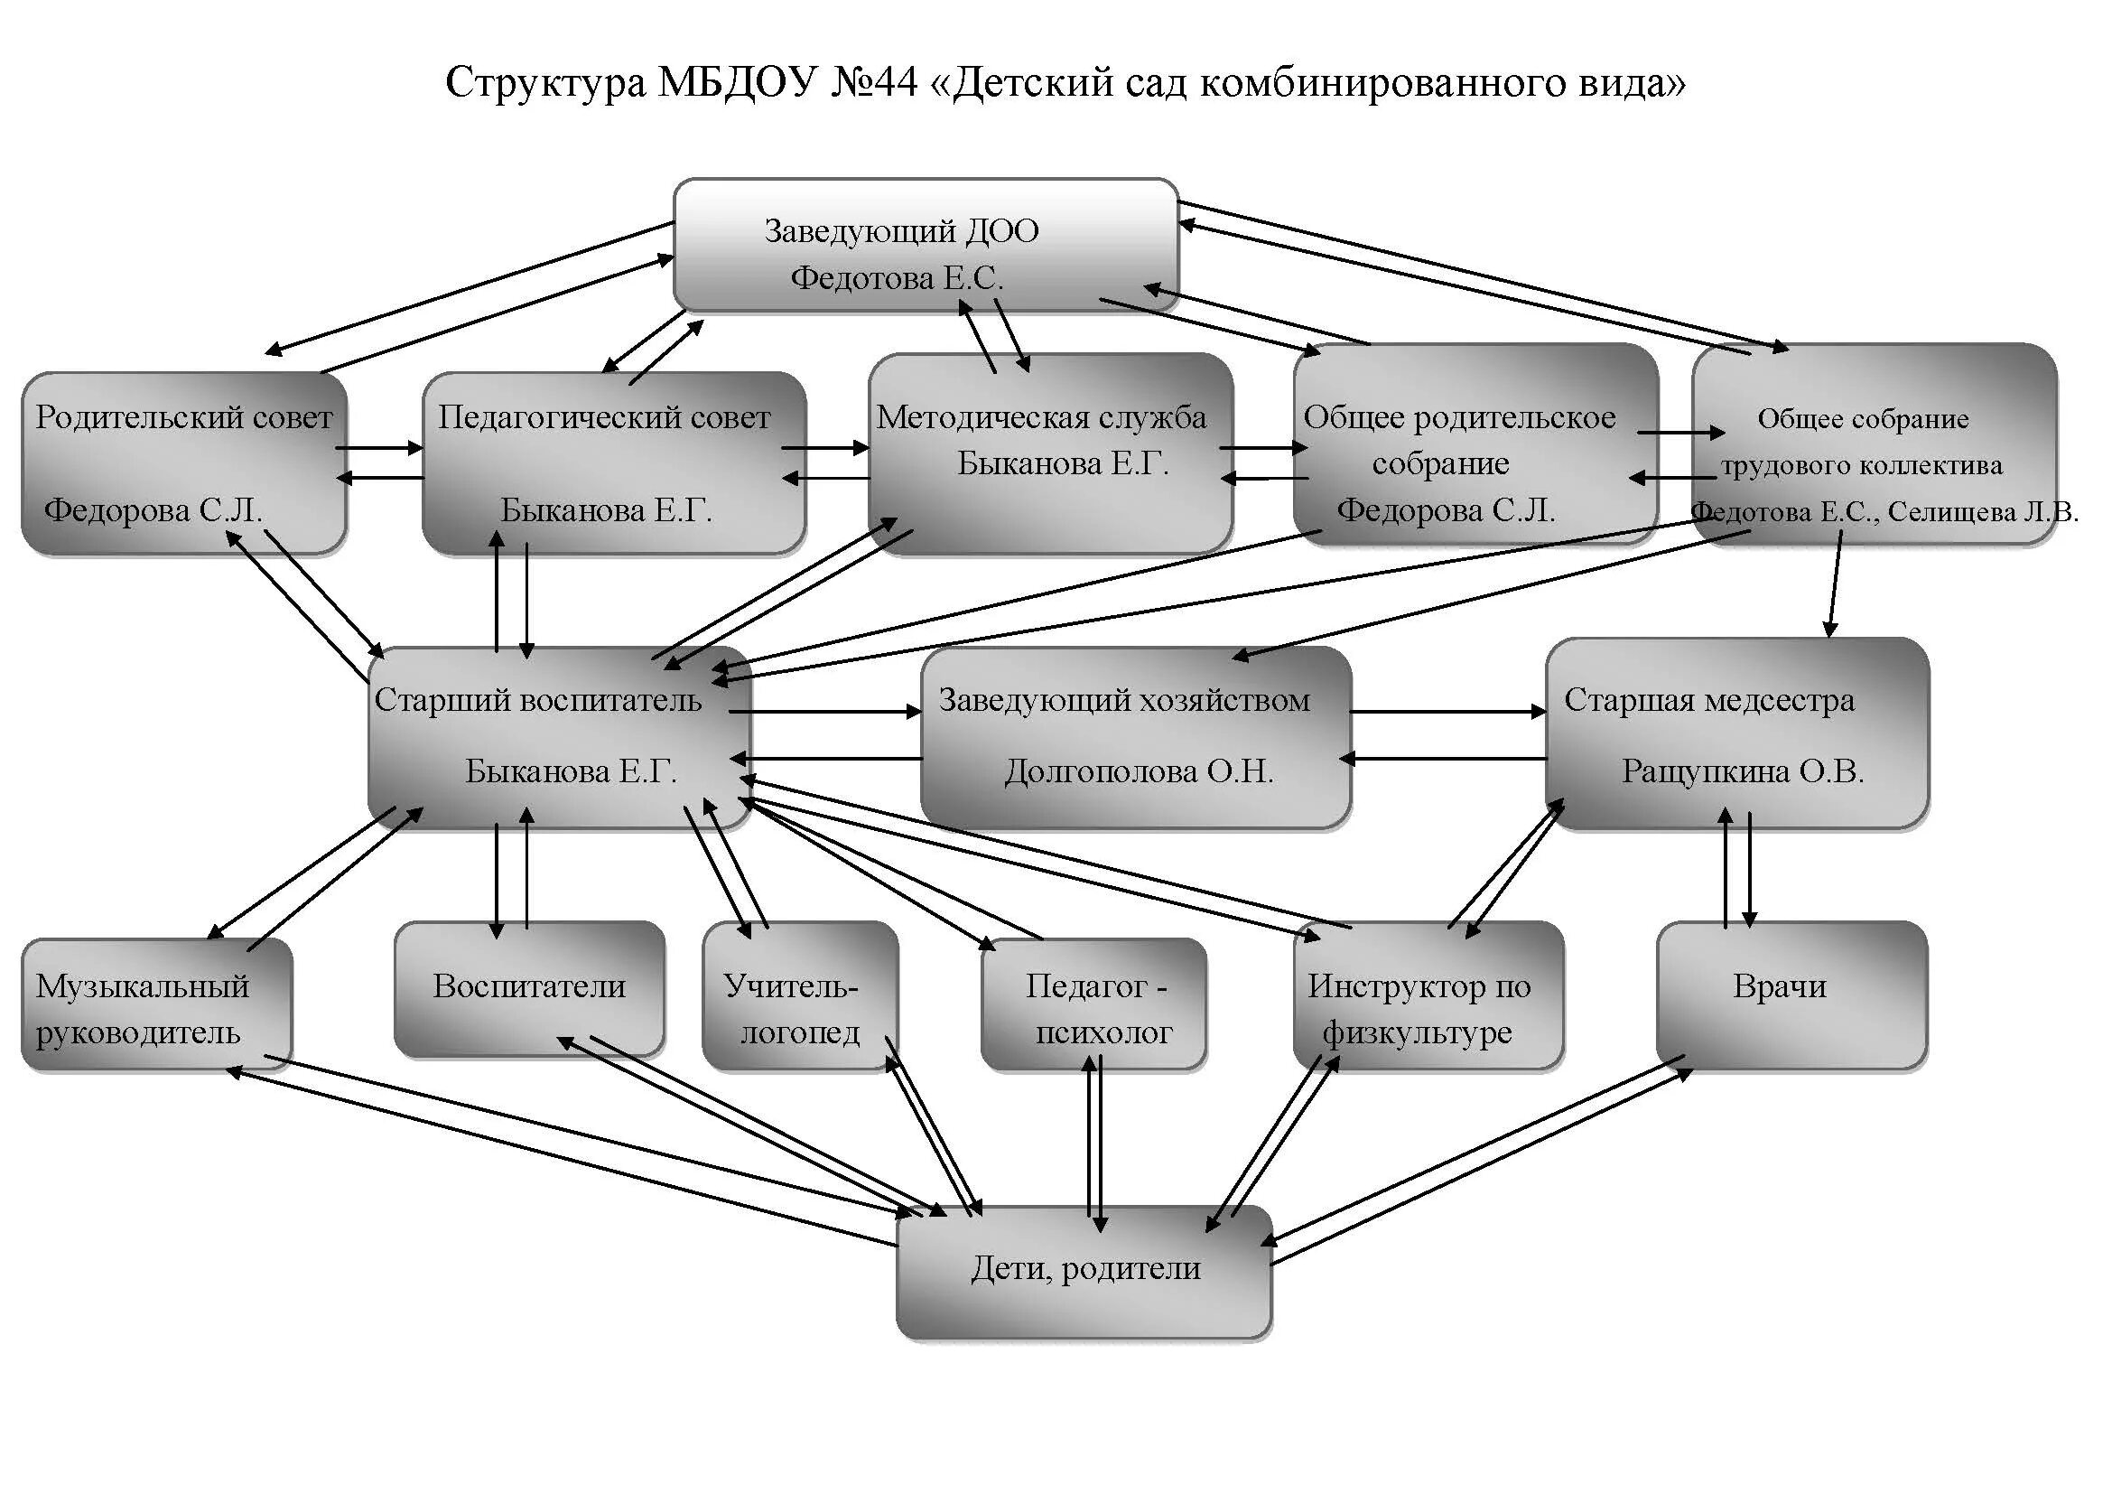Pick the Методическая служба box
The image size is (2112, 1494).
tap(1050, 453)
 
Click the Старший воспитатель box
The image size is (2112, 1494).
tap(559, 737)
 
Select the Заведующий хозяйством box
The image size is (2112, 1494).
tap(1135, 737)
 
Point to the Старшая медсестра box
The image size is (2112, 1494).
tap(1736, 733)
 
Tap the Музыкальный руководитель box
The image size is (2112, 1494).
tap(156, 1005)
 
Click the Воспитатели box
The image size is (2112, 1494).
tap(529, 988)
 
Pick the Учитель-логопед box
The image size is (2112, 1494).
tap(799, 996)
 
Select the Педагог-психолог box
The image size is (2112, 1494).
tap(1093, 1005)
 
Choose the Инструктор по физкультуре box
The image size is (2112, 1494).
tap(1428, 996)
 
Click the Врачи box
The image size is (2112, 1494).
tap(1791, 996)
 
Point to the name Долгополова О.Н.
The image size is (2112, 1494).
tap(1139, 770)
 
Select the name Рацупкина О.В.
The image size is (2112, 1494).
tap(1742, 770)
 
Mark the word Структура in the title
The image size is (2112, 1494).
tap(546, 83)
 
